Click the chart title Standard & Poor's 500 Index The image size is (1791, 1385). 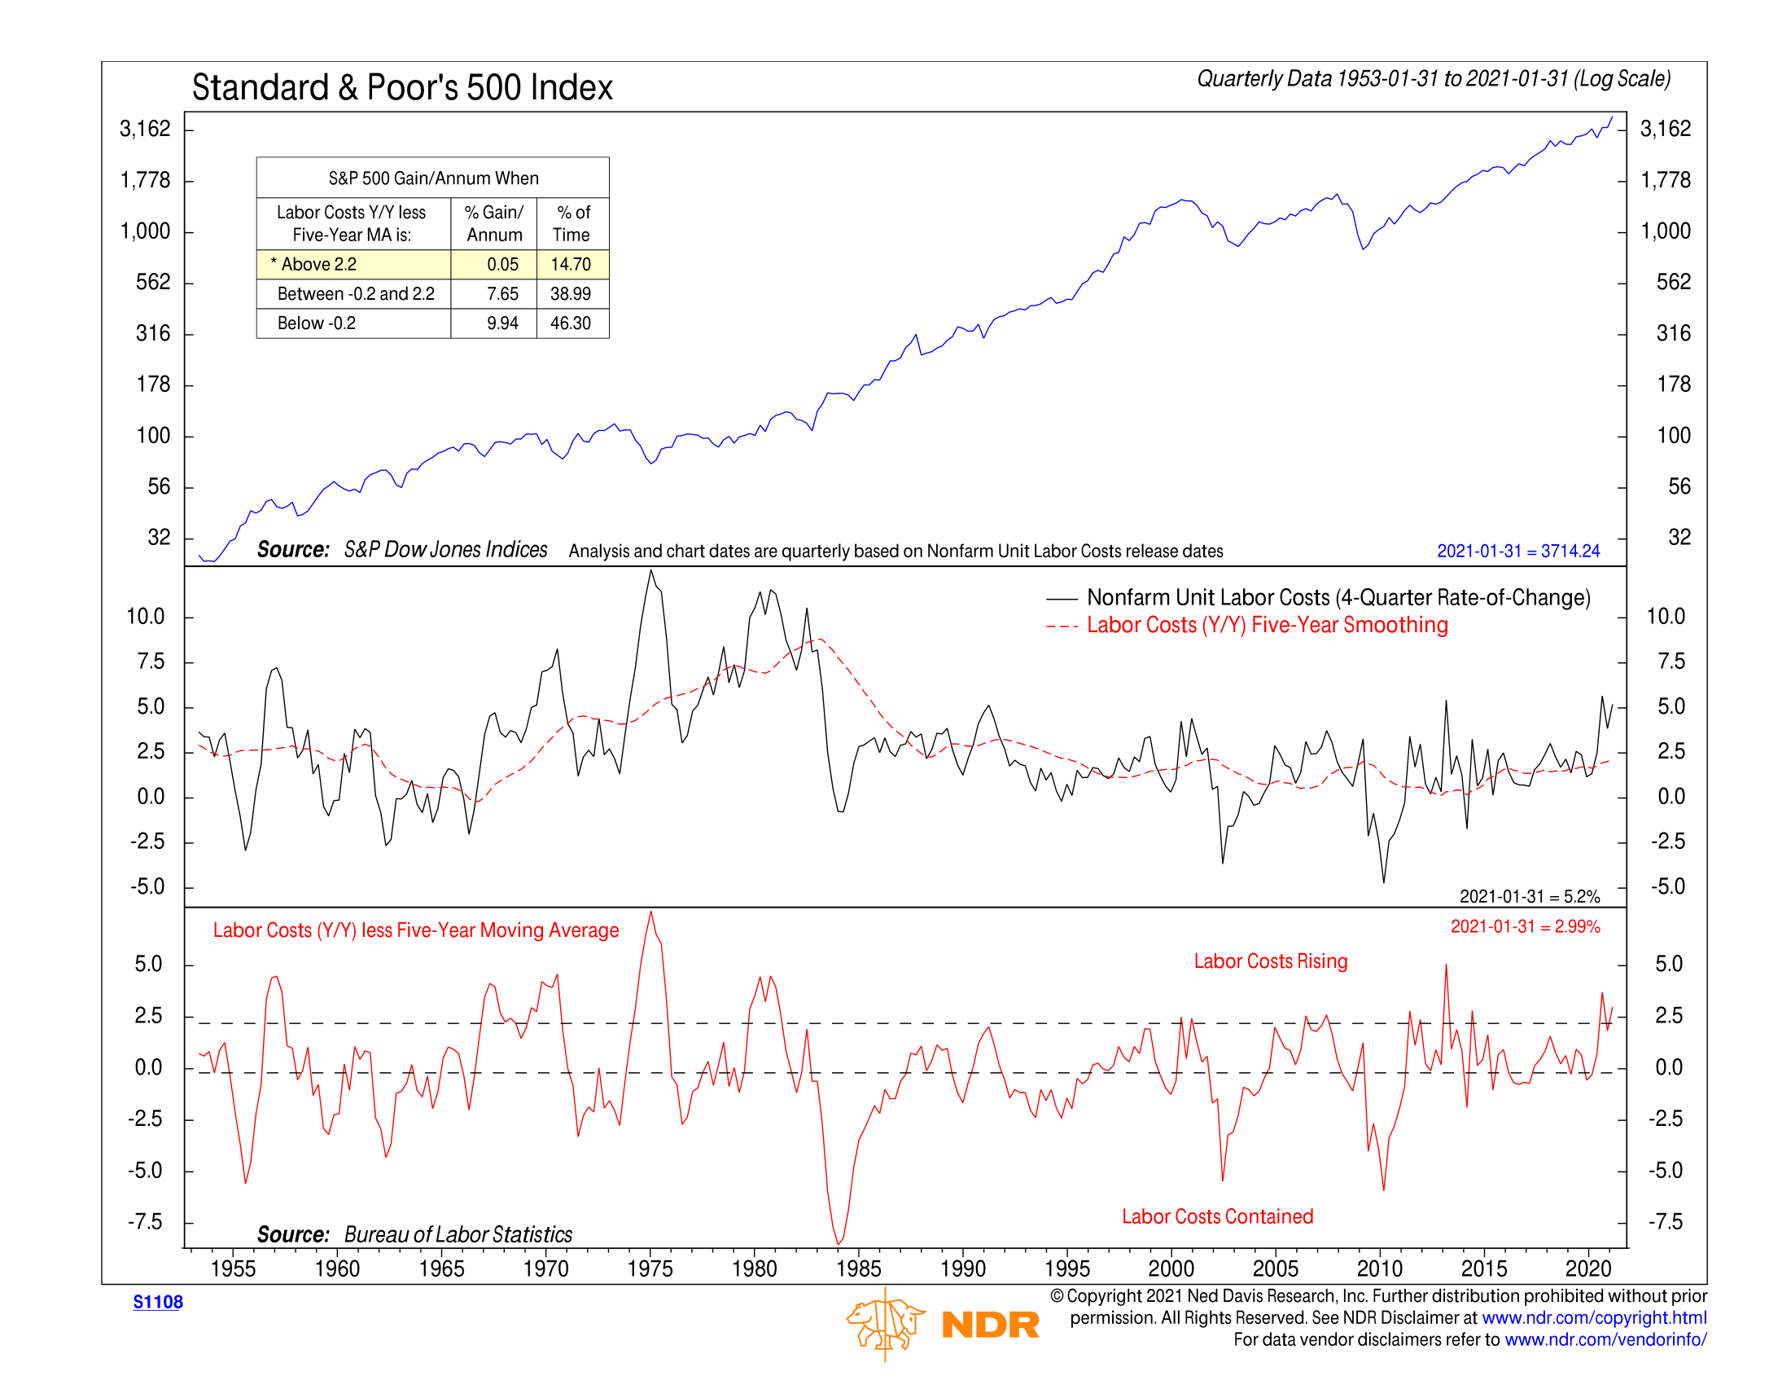[402, 88]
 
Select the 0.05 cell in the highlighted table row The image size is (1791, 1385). [501, 264]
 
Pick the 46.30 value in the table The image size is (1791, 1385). [570, 323]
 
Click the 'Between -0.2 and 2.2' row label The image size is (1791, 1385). [355, 294]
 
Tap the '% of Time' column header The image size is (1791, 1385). [572, 223]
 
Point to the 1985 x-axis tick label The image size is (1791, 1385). [858, 1268]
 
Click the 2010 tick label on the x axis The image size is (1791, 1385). [1379, 1268]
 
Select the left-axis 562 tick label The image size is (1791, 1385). [153, 282]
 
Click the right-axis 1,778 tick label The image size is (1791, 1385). [1665, 180]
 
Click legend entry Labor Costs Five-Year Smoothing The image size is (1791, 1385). [1266, 625]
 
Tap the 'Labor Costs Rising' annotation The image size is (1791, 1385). [1270, 961]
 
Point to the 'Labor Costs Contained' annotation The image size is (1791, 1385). [1217, 1216]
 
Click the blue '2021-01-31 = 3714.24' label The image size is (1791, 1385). [1517, 551]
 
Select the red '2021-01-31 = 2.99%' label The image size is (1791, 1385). [1525, 926]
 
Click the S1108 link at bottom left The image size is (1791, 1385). [157, 1302]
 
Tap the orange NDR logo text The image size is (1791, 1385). [990, 1324]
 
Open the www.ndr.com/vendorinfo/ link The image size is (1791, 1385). [1605, 1340]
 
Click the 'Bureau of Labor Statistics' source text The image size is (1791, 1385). [458, 1234]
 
